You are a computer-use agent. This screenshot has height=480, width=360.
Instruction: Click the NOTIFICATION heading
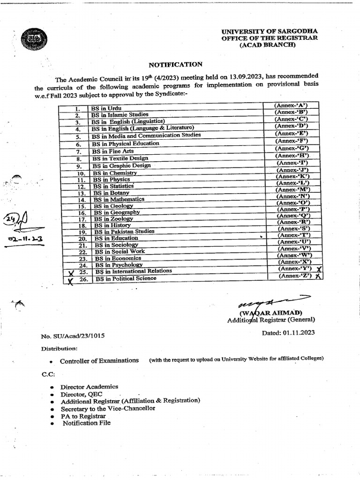coord(176,64)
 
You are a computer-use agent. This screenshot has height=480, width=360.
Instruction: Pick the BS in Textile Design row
coord(120,158)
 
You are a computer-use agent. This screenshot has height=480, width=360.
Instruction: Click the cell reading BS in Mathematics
coord(119,199)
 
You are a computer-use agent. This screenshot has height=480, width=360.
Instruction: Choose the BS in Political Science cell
coord(126,278)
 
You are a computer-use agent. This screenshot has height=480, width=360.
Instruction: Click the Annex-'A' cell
coord(290,105)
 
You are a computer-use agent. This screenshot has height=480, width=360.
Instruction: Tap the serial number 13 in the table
coord(81,193)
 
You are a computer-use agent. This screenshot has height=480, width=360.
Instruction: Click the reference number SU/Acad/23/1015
coord(73,336)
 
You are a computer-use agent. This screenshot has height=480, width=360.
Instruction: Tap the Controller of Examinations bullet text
coord(99,360)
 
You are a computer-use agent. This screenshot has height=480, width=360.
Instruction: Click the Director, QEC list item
coord(82,394)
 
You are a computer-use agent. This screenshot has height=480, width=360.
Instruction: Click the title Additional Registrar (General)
coord(271,320)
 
